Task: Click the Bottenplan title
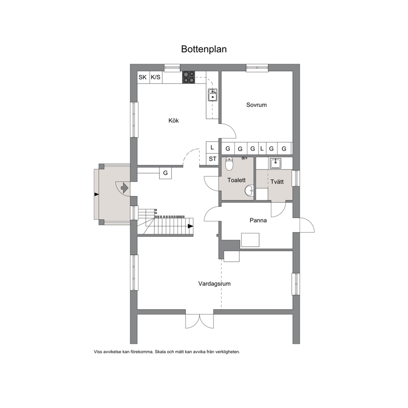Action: pyautogui.click(x=204, y=49)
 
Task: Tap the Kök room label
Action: pyautogui.click(x=174, y=121)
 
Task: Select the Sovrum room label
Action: pyautogui.click(x=256, y=105)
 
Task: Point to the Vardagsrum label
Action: pyautogui.click(x=214, y=284)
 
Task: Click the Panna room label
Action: pyautogui.click(x=258, y=220)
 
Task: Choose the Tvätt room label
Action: pyautogui.click(x=277, y=182)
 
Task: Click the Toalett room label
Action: pyautogui.click(x=236, y=180)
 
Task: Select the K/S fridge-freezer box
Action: pyautogui.click(x=156, y=77)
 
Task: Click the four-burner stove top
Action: pyautogui.click(x=189, y=77)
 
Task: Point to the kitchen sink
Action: pyautogui.click(x=213, y=95)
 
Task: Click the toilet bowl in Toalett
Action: pyautogui.click(x=229, y=164)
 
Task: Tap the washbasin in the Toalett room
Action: pyautogui.click(x=249, y=190)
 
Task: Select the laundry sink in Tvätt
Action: pyautogui.click(x=275, y=163)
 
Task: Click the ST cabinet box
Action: pyautogui.click(x=212, y=159)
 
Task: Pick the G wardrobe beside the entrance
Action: pyautogui.click(x=165, y=173)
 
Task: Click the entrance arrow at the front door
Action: pyautogui.click(x=125, y=188)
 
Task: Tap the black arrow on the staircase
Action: pyautogui.click(x=190, y=226)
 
